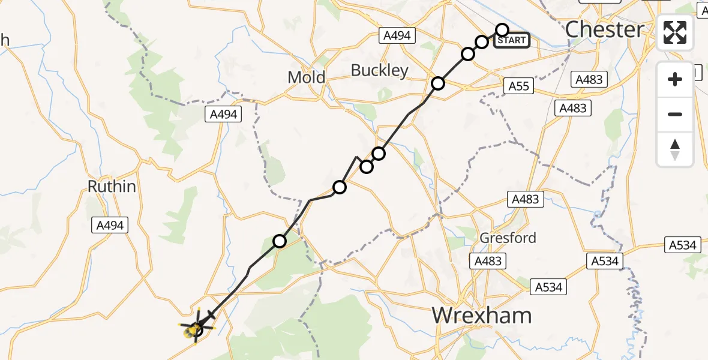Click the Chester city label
click(605, 29)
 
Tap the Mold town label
click(306, 77)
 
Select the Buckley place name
click(379, 70)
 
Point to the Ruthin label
click(112, 187)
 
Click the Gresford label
click(508, 238)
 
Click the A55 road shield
click(519, 86)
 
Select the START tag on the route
click(512, 40)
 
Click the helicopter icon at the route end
click(196, 328)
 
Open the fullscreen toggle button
click(675, 33)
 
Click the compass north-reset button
click(675, 149)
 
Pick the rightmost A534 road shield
click(683, 245)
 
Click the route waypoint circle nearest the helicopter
click(280, 241)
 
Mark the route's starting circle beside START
click(502, 30)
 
